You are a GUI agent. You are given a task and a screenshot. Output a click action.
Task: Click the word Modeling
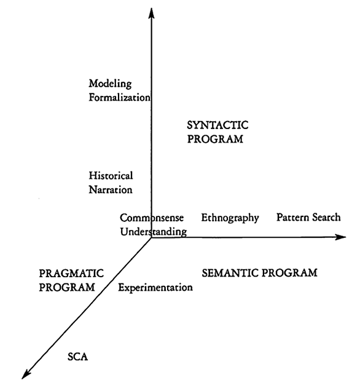pos(110,84)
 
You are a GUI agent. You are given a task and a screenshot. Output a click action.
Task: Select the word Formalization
pos(119,98)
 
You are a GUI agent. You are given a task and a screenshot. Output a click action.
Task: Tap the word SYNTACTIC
pos(217,125)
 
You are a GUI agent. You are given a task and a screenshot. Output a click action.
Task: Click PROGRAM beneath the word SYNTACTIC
pos(215,139)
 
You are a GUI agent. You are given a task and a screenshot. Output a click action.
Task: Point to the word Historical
pos(111,176)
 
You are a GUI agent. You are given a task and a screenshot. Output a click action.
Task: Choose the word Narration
pos(111,189)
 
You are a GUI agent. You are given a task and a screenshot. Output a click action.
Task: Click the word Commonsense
pos(152,218)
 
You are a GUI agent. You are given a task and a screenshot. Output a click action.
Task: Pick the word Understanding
pos(154,232)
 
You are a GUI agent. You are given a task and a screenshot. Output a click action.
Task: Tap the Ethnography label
pos(230,218)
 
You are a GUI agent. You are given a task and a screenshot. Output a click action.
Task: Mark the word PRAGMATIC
pos(71,274)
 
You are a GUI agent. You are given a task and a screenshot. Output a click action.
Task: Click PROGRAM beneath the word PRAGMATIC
pos(67,287)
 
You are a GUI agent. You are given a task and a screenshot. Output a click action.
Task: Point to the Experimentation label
pos(155,288)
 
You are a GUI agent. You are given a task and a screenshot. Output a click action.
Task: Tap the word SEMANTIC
pos(230,273)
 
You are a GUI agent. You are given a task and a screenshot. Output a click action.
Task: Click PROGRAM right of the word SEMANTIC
pos(289,273)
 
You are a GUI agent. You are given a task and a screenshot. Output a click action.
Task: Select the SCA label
pos(77,357)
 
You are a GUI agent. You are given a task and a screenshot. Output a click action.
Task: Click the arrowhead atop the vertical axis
pos(151,13)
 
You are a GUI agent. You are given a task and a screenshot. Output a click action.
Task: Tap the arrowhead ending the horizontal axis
pos(340,237)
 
